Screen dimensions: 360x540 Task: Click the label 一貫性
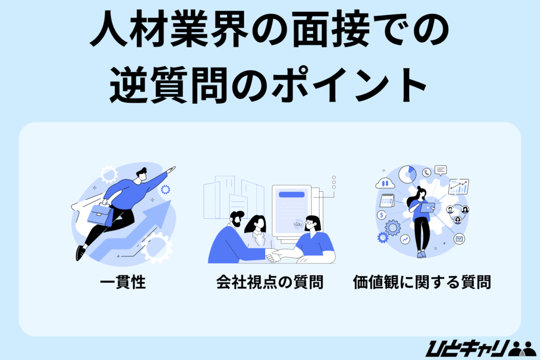click(123, 283)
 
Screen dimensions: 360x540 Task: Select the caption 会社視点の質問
click(269, 283)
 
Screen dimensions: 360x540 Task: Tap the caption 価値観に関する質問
click(421, 283)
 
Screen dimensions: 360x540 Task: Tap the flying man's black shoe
click(80, 253)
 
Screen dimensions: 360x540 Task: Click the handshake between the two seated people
click(274, 256)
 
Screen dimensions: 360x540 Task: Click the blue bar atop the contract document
click(292, 194)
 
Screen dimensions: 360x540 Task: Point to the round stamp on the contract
click(298, 224)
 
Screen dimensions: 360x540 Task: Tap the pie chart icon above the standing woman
click(407, 174)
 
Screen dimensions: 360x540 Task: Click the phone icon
click(427, 172)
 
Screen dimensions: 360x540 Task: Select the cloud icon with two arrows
click(385, 183)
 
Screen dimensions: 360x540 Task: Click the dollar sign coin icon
click(382, 215)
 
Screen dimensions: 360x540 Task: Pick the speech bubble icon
click(441, 170)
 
